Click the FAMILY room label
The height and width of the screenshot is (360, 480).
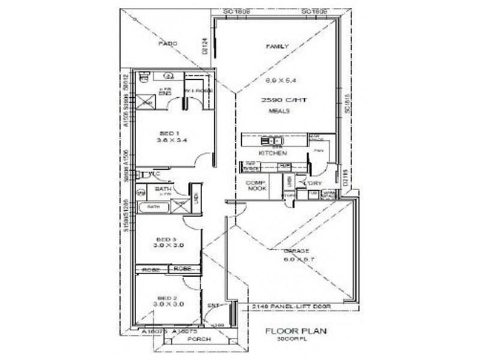278,46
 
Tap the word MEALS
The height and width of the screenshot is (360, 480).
280,111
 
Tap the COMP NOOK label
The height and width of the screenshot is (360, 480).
256,185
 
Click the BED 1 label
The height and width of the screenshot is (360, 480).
169,133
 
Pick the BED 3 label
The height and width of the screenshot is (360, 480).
168,239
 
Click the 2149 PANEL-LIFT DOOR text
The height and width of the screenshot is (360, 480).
292,307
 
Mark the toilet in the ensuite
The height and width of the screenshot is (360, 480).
143,77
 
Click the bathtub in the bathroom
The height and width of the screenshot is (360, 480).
154,207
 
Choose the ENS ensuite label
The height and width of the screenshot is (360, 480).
165,93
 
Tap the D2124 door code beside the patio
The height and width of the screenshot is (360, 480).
205,46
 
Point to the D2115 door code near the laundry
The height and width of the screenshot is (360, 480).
344,178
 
